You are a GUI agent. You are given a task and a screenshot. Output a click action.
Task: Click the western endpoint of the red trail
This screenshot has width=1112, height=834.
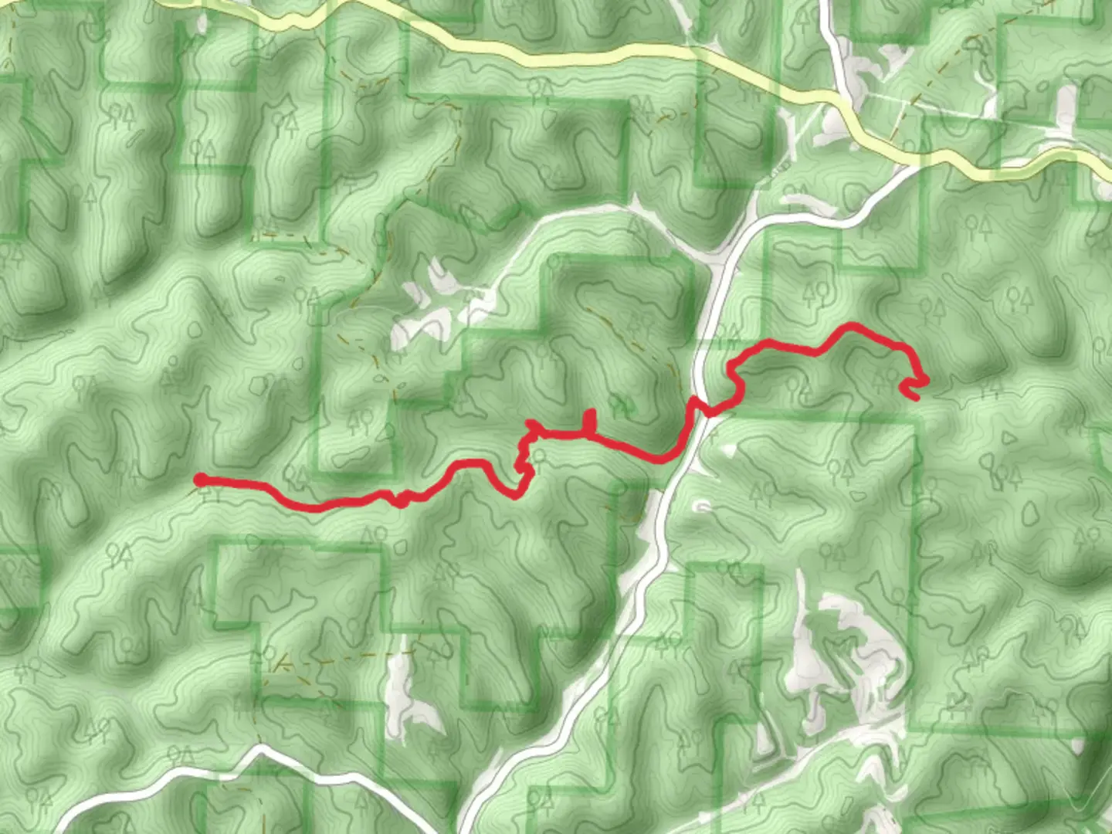[x=200, y=480]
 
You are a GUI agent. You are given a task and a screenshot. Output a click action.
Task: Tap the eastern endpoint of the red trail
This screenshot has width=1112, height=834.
[x=916, y=398]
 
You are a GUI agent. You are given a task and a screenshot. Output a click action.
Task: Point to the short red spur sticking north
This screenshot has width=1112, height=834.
[x=592, y=419]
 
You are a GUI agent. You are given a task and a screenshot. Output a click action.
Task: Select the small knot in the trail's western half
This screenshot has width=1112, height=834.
[x=401, y=500]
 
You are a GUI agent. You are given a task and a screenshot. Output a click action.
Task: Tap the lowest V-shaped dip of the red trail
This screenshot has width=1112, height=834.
[x=516, y=495]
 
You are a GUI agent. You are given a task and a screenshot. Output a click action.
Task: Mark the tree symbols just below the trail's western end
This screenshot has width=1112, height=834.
[x=208, y=495]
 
